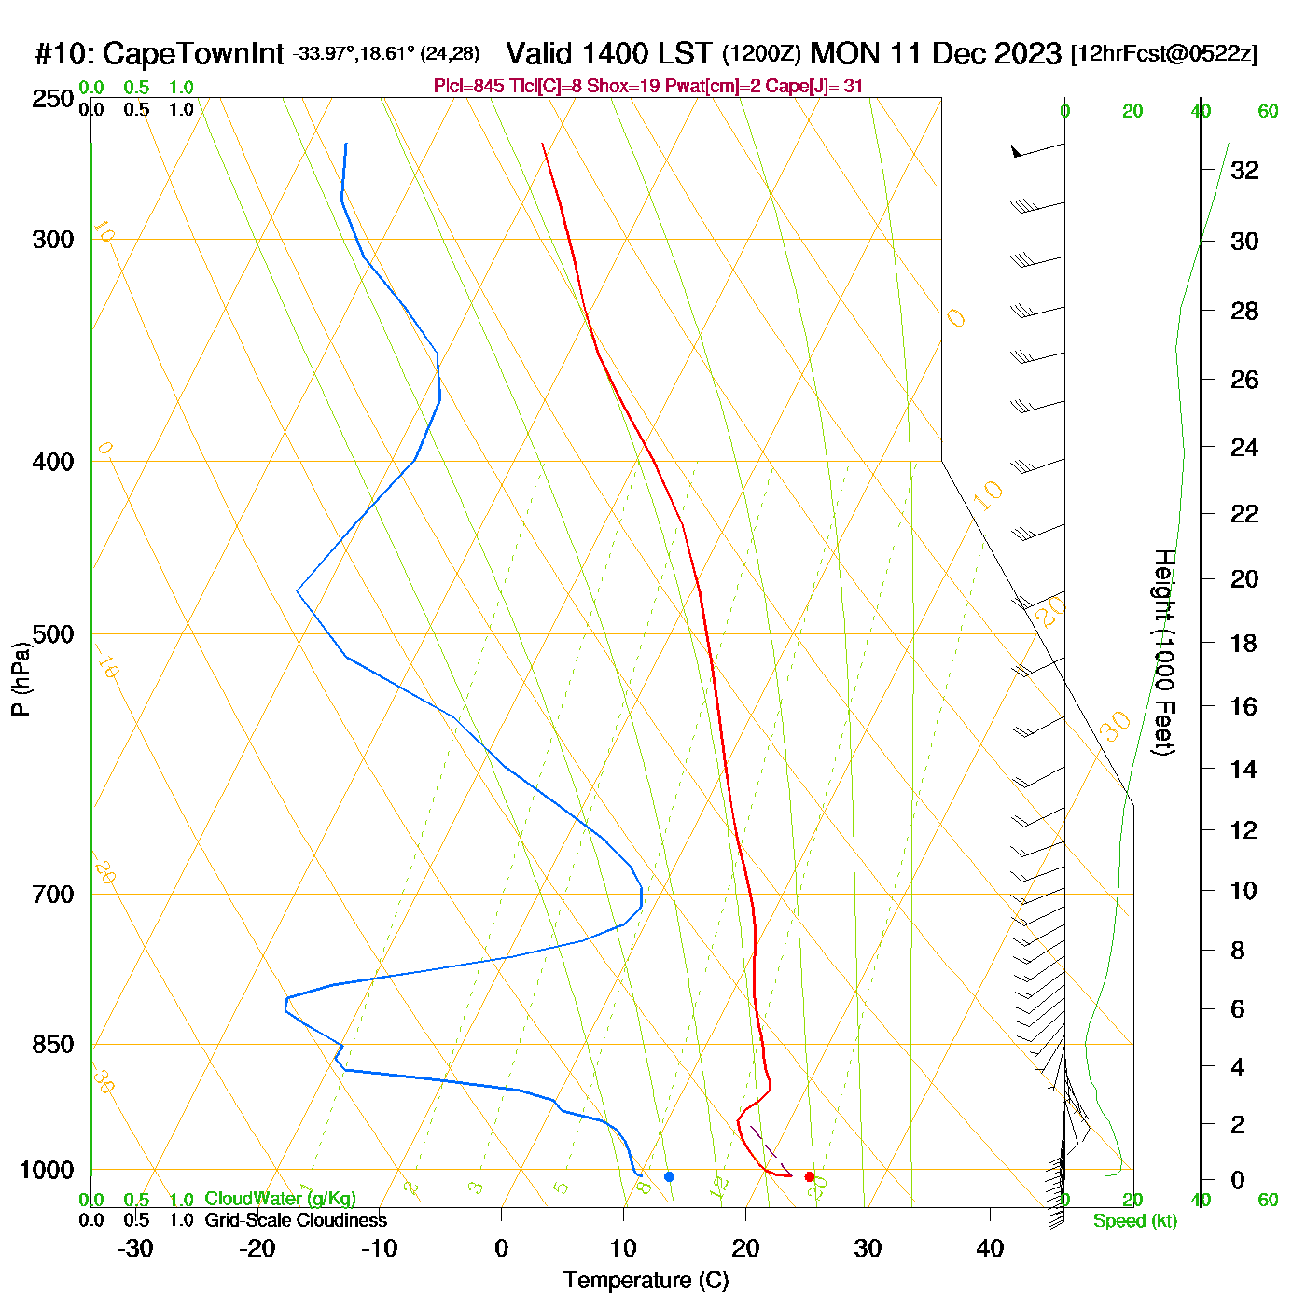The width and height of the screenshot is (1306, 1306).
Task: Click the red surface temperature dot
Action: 809,1176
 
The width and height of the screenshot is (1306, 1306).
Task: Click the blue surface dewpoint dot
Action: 669,1176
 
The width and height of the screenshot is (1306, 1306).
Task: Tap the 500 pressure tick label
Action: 52,634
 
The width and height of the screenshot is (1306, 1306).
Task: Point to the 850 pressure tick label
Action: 52,1045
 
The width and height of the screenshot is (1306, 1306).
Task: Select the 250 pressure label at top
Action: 52,99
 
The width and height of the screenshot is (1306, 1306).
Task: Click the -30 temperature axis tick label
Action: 135,1248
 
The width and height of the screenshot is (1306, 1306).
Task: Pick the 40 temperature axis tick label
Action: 990,1248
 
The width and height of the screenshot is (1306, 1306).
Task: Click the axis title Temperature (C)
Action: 646,1281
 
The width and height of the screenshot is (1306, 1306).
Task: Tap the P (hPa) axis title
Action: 21,678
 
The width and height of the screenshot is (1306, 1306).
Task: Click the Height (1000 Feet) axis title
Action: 1164,652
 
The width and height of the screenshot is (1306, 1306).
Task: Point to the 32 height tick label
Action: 1244,170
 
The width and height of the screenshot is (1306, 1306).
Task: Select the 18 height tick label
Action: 1243,643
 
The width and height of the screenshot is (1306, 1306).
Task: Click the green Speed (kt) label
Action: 1134,1221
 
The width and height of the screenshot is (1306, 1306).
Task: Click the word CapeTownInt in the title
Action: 192,54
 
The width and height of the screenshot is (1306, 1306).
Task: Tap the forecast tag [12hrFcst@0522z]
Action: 1163,53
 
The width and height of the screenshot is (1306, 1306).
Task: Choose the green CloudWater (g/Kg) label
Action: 280,1199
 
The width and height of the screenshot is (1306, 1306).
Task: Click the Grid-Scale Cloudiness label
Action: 296,1220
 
